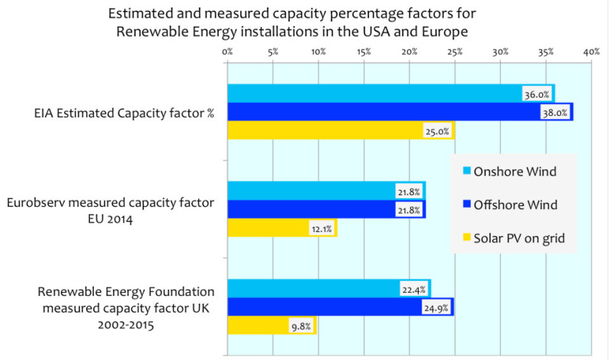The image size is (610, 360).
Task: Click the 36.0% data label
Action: point(537,95)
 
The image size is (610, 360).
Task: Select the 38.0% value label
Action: point(555,113)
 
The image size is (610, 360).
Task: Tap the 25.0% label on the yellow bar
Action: point(437,131)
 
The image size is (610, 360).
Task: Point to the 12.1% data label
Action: point(320,228)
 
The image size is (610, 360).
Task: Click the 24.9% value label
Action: point(435,308)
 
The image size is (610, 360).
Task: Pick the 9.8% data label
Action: point(300,326)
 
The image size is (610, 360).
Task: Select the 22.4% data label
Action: point(413,289)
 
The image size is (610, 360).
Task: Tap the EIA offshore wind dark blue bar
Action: point(381,112)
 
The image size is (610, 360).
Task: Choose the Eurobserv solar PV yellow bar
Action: point(267,228)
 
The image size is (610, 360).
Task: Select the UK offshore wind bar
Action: point(320,307)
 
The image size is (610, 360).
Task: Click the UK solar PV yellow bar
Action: point(259,326)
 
